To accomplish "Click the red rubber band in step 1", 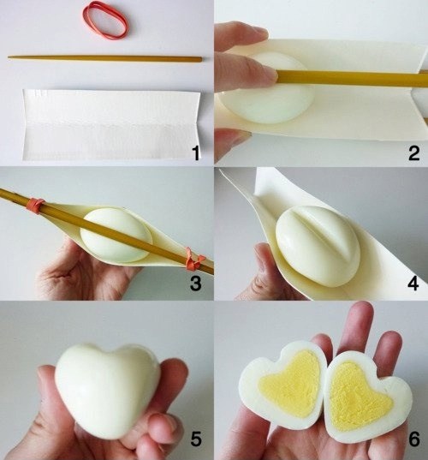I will click(x=105, y=19).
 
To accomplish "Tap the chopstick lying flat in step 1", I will click(x=105, y=58).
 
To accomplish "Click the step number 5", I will click(x=196, y=440).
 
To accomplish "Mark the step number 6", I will click(x=413, y=440).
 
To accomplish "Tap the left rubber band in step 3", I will click(x=35, y=205).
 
